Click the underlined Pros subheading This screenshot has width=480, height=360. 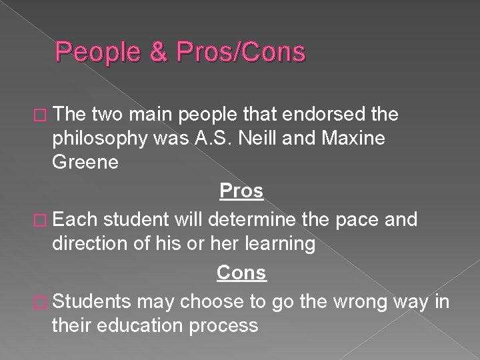click(241, 192)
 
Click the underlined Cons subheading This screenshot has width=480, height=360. click(241, 273)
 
